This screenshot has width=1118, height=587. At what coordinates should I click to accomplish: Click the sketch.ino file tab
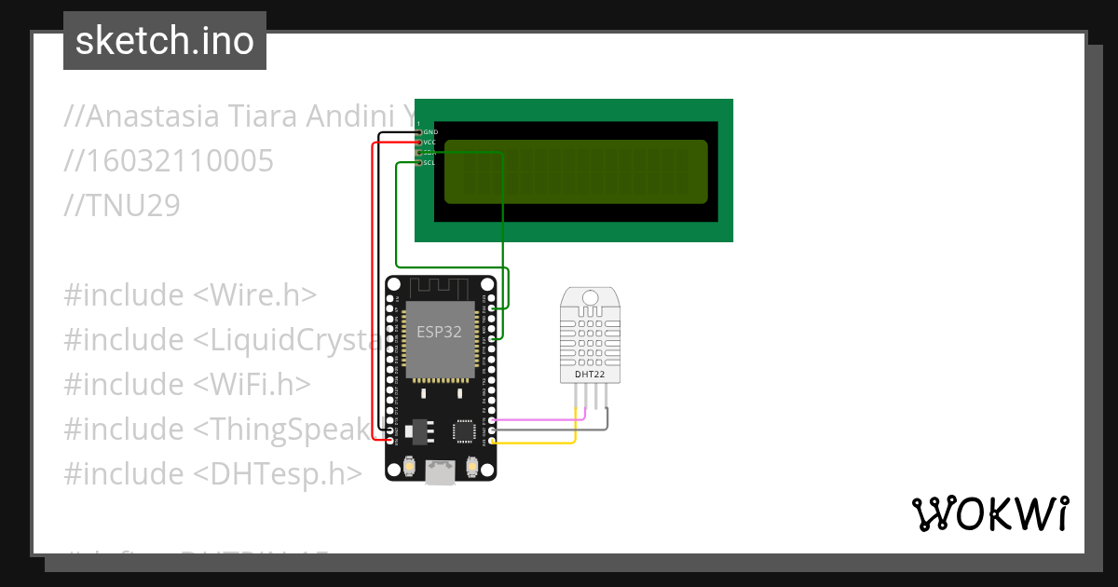[x=165, y=41]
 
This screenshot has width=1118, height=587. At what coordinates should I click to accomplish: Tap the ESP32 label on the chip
[x=439, y=333]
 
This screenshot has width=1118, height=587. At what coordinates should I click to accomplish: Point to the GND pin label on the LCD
[x=430, y=132]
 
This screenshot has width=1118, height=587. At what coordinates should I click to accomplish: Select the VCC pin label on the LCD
[x=430, y=143]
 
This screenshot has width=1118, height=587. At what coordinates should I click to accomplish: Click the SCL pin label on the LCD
[x=429, y=163]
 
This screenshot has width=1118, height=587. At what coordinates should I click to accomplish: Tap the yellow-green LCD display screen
[x=575, y=171]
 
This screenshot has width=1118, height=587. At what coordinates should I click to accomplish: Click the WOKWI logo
[x=989, y=513]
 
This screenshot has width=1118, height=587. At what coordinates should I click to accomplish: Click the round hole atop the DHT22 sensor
[x=590, y=297]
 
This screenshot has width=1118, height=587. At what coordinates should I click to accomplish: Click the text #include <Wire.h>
[x=190, y=295]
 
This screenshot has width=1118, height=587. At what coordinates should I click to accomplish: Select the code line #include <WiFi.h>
[x=186, y=385]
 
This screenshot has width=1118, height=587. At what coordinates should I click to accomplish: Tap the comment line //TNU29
[x=121, y=206]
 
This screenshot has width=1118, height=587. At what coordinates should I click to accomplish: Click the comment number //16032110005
[x=169, y=161]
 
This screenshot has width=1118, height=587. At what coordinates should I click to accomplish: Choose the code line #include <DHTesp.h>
[x=212, y=474]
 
